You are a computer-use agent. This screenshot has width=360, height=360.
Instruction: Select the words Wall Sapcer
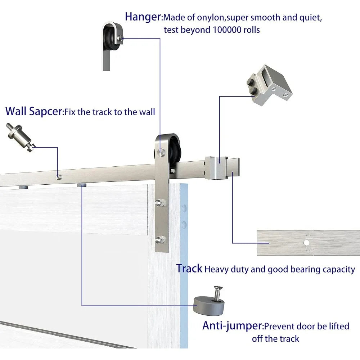pos(34,111)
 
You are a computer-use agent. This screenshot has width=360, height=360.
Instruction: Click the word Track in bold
pos(189,269)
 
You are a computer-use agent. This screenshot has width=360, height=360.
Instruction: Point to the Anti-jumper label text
pos(232,326)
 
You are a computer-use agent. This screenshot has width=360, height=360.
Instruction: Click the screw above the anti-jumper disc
pos(218,293)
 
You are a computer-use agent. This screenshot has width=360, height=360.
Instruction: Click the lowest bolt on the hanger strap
pos(158,239)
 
